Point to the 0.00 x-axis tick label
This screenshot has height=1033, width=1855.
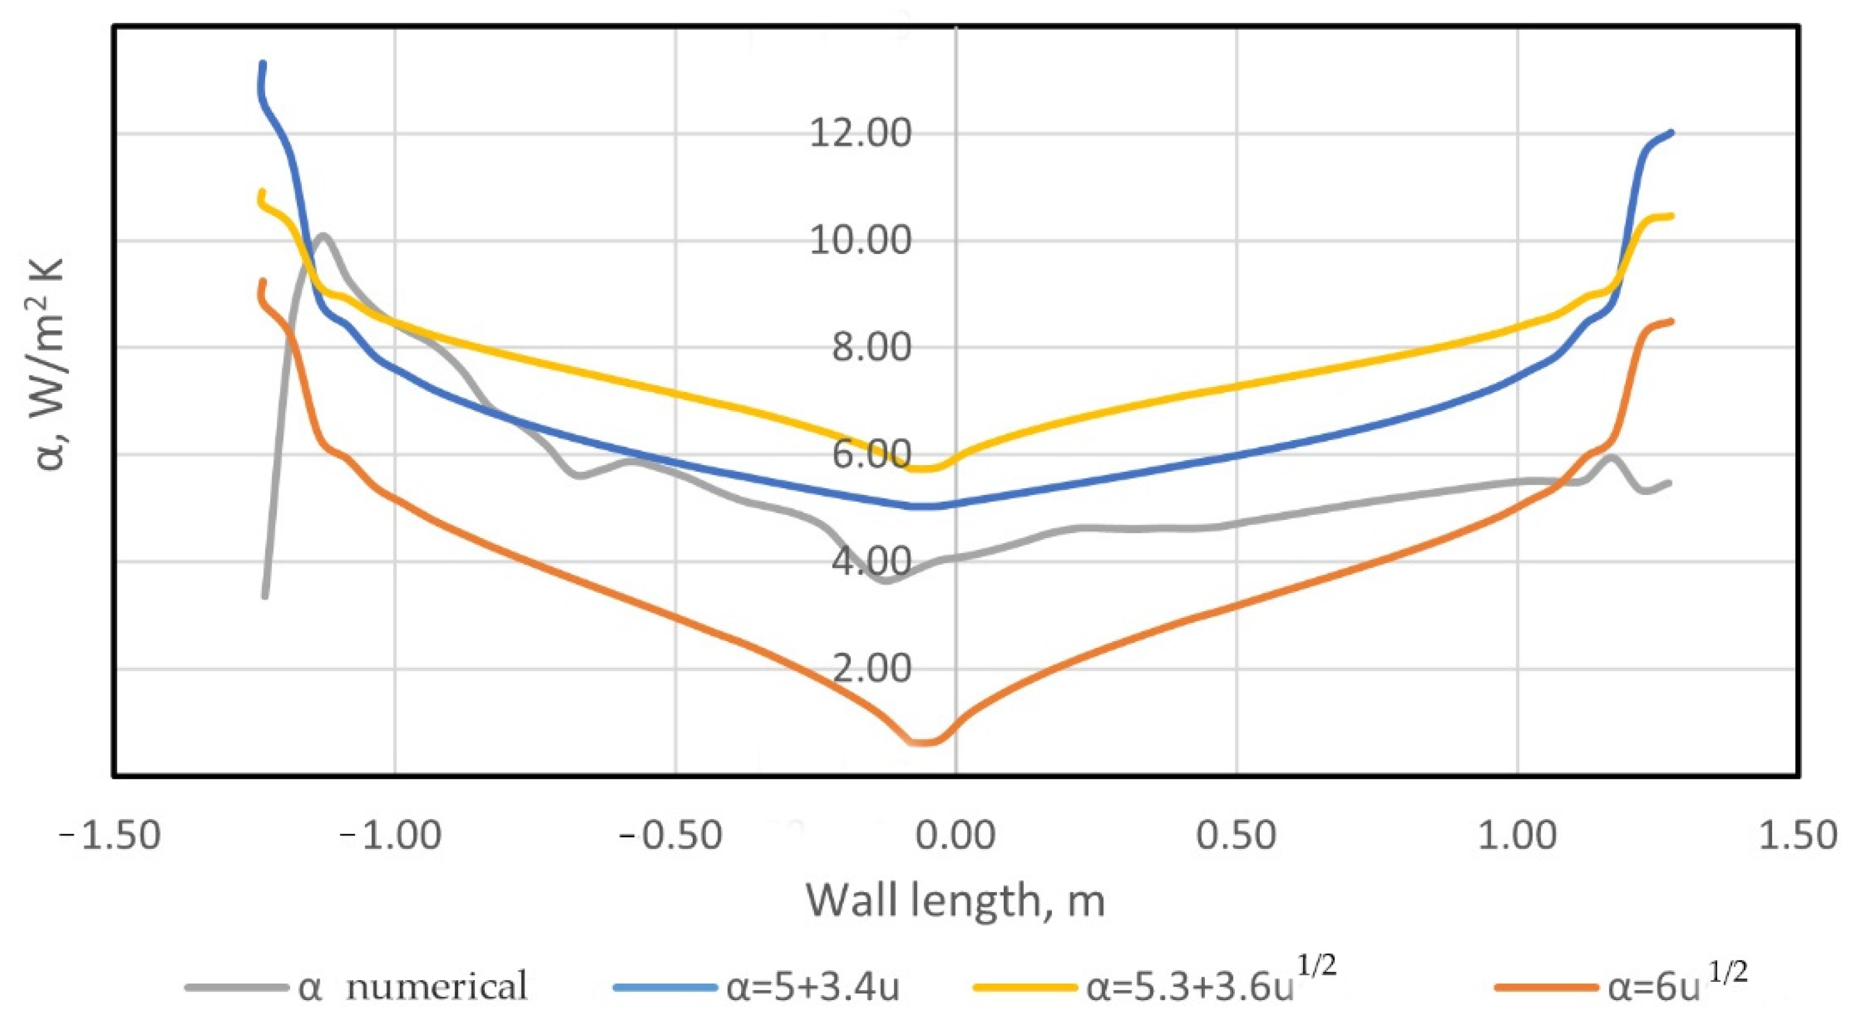click(x=956, y=837)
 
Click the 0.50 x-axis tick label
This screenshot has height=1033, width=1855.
click(x=1237, y=837)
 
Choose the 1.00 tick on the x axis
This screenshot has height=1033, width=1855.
click(x=1517, y=837)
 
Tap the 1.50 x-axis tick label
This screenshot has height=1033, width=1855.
click(x=1798, y=837)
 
